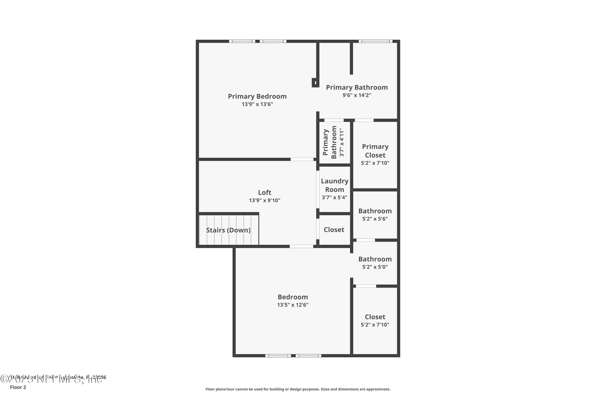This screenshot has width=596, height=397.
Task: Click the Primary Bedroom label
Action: (257, 96)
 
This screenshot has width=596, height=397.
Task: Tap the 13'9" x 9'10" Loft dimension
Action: (265, 200)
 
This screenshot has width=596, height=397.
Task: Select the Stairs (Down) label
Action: (228, 230)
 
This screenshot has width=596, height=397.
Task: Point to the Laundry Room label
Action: (335, 185)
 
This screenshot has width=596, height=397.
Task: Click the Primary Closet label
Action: (375, 151)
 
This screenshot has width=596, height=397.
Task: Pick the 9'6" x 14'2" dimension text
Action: (357, 95)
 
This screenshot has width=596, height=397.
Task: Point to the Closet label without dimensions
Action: (334, 230)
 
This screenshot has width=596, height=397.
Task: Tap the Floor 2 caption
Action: (18, 387)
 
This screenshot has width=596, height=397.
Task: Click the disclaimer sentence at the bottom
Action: (298, 389)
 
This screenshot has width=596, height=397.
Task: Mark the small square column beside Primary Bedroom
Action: (315, 83)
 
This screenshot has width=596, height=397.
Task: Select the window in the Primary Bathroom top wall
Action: (375, 41)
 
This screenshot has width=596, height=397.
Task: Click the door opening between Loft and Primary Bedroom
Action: (302, 159)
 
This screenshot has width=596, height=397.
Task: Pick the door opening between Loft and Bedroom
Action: (301, 246)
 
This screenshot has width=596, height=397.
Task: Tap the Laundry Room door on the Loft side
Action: (317, 189)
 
